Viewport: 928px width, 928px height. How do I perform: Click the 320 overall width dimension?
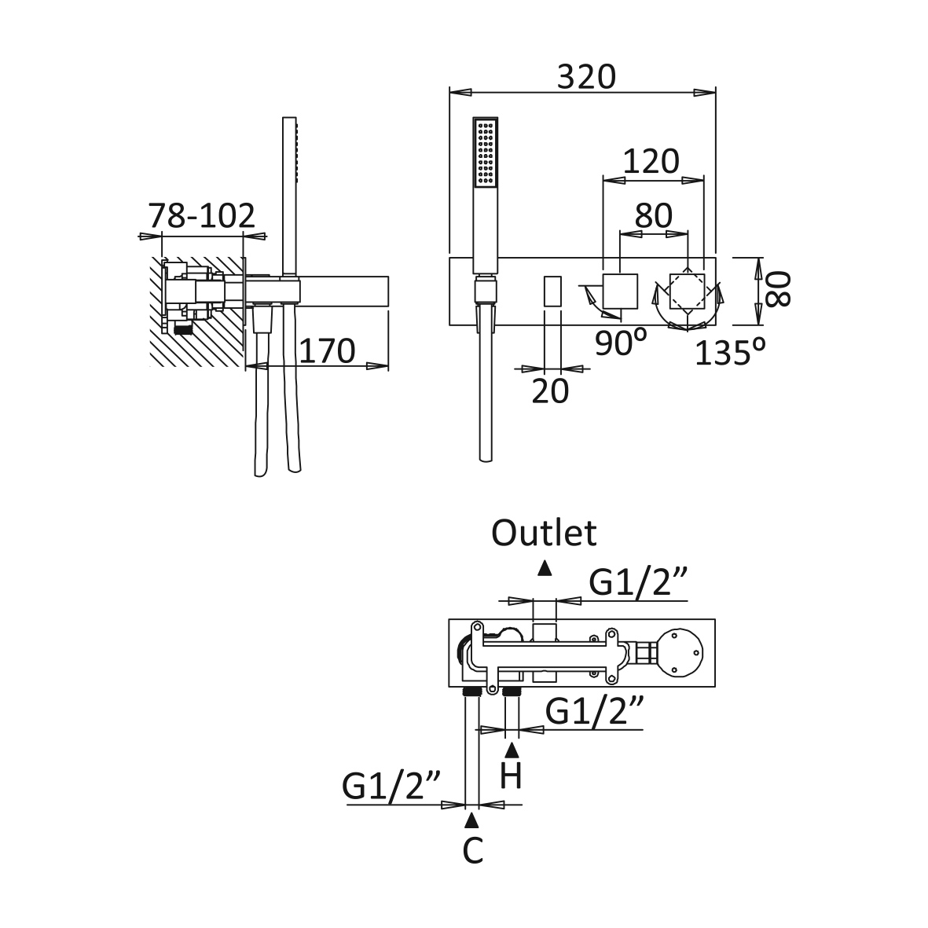[586, 77]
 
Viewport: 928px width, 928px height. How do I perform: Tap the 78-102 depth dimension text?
[202, 215]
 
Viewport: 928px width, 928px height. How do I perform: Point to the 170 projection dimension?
[326, 350]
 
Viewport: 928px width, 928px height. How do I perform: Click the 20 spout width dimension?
[549, 391]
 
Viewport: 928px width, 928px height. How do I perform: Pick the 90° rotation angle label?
[620, 343]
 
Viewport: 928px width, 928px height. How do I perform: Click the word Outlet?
[544, 534]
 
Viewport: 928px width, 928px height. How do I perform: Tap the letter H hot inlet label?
[511, 776]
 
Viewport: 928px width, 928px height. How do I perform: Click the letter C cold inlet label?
[471, 850]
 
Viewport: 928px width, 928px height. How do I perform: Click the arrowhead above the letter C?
[471, 821]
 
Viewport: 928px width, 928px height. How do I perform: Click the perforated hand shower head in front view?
[486, 153]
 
